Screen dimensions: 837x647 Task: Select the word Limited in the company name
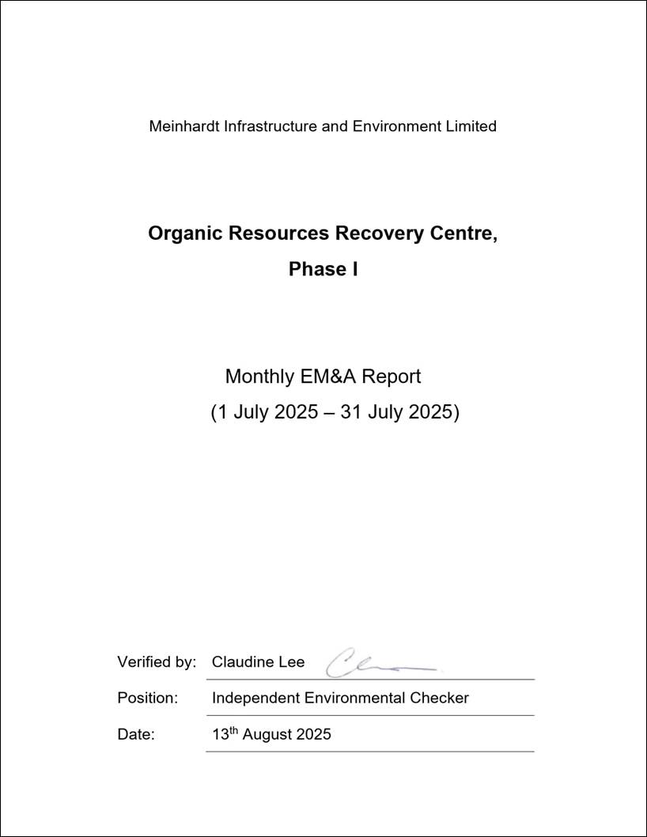click(473, 126)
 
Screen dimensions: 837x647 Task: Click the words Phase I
click(323, 269)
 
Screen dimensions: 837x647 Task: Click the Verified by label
click(157, 662)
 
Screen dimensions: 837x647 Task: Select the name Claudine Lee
click(258, 662)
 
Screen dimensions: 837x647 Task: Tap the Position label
click(148, 698)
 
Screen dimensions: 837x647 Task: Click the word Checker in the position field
click(439, 698)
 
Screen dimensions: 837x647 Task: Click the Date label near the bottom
click(136, 734)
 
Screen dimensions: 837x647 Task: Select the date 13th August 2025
click(271, 734)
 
